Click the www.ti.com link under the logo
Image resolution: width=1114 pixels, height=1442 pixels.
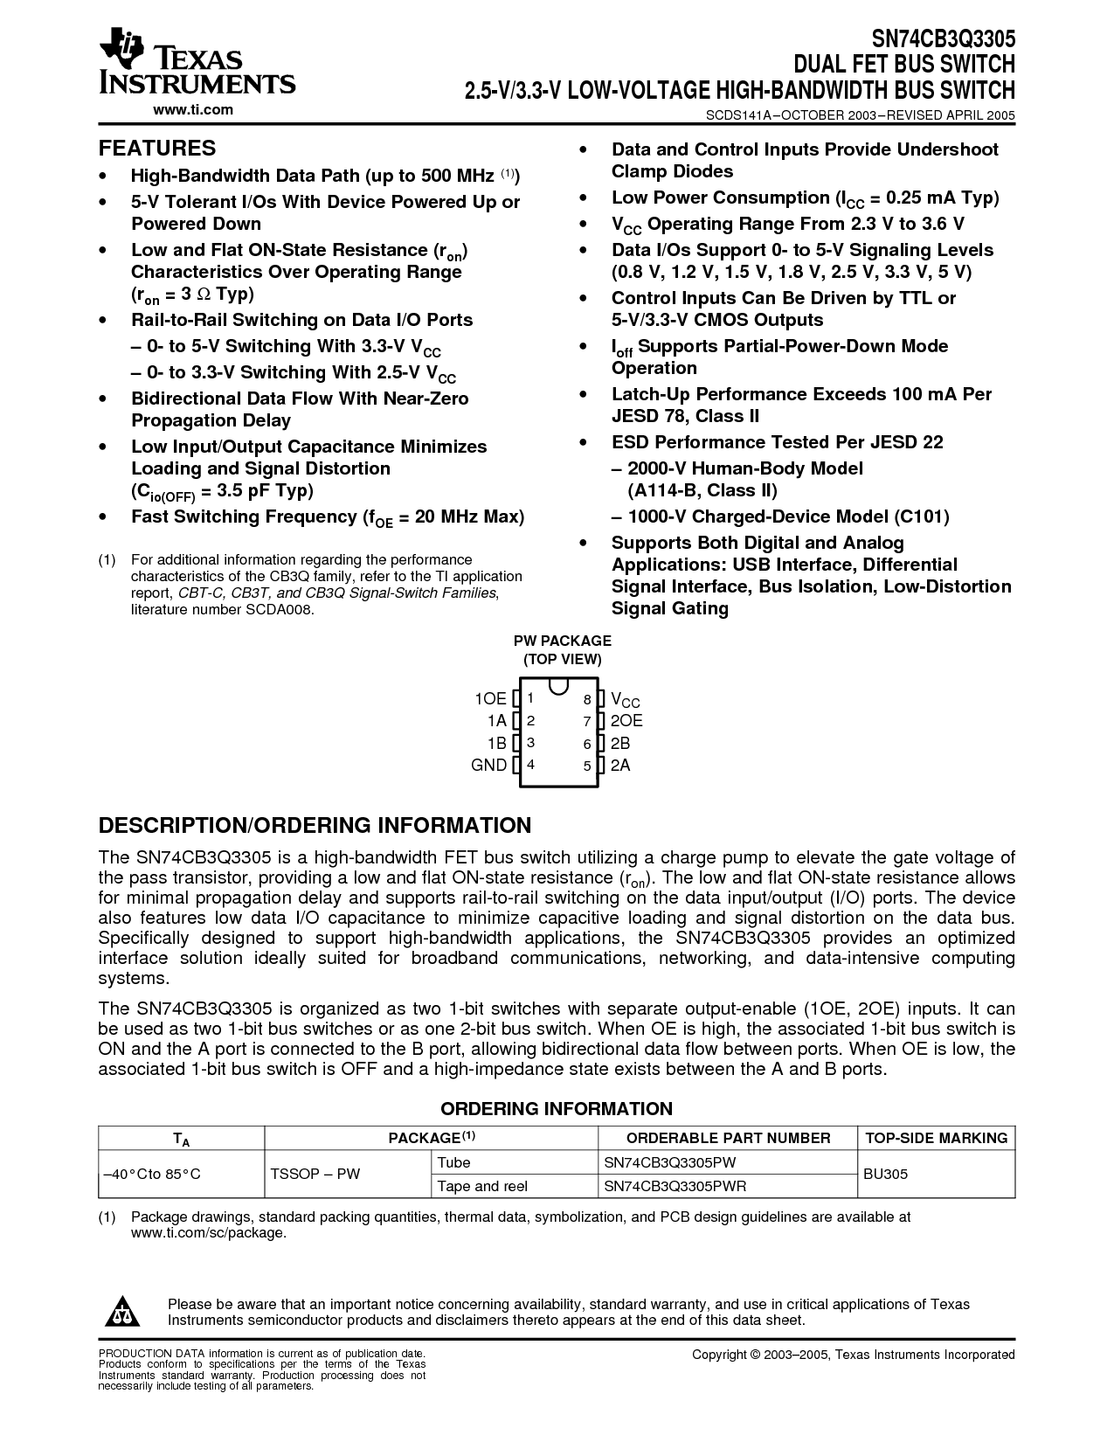[193, 109]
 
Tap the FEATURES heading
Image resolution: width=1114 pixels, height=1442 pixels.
[157, 148]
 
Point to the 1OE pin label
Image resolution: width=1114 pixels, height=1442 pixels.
[490, 698]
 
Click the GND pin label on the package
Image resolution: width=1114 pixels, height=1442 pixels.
[489, 765]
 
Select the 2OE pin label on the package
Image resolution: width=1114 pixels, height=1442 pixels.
[626, 721]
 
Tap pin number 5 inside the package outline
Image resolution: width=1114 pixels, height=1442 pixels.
[587, 766]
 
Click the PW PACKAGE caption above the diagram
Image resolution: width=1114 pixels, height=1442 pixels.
[562, 641]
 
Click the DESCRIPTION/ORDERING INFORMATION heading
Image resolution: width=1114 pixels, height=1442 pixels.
[315, 826]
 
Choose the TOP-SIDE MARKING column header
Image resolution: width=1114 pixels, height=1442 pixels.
[936, 1138]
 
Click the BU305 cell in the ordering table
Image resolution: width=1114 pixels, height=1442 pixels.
[885, 1174]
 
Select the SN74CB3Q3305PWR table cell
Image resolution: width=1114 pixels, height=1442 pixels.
[675, 1186]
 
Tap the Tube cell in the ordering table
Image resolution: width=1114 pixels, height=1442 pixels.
[453, 1162]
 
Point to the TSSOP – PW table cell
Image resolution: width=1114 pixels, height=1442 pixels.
[315, 1174]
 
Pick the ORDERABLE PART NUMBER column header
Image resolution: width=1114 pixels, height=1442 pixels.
[729, 1138]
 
